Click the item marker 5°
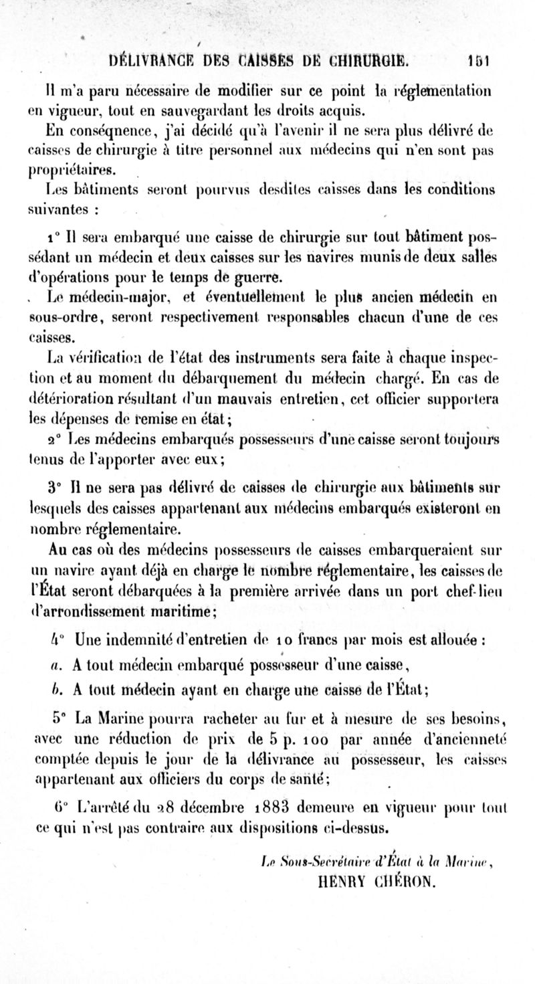pyautogui.click(x=58, y=719)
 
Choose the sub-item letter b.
pyautogui.click(x=56, y=690)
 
